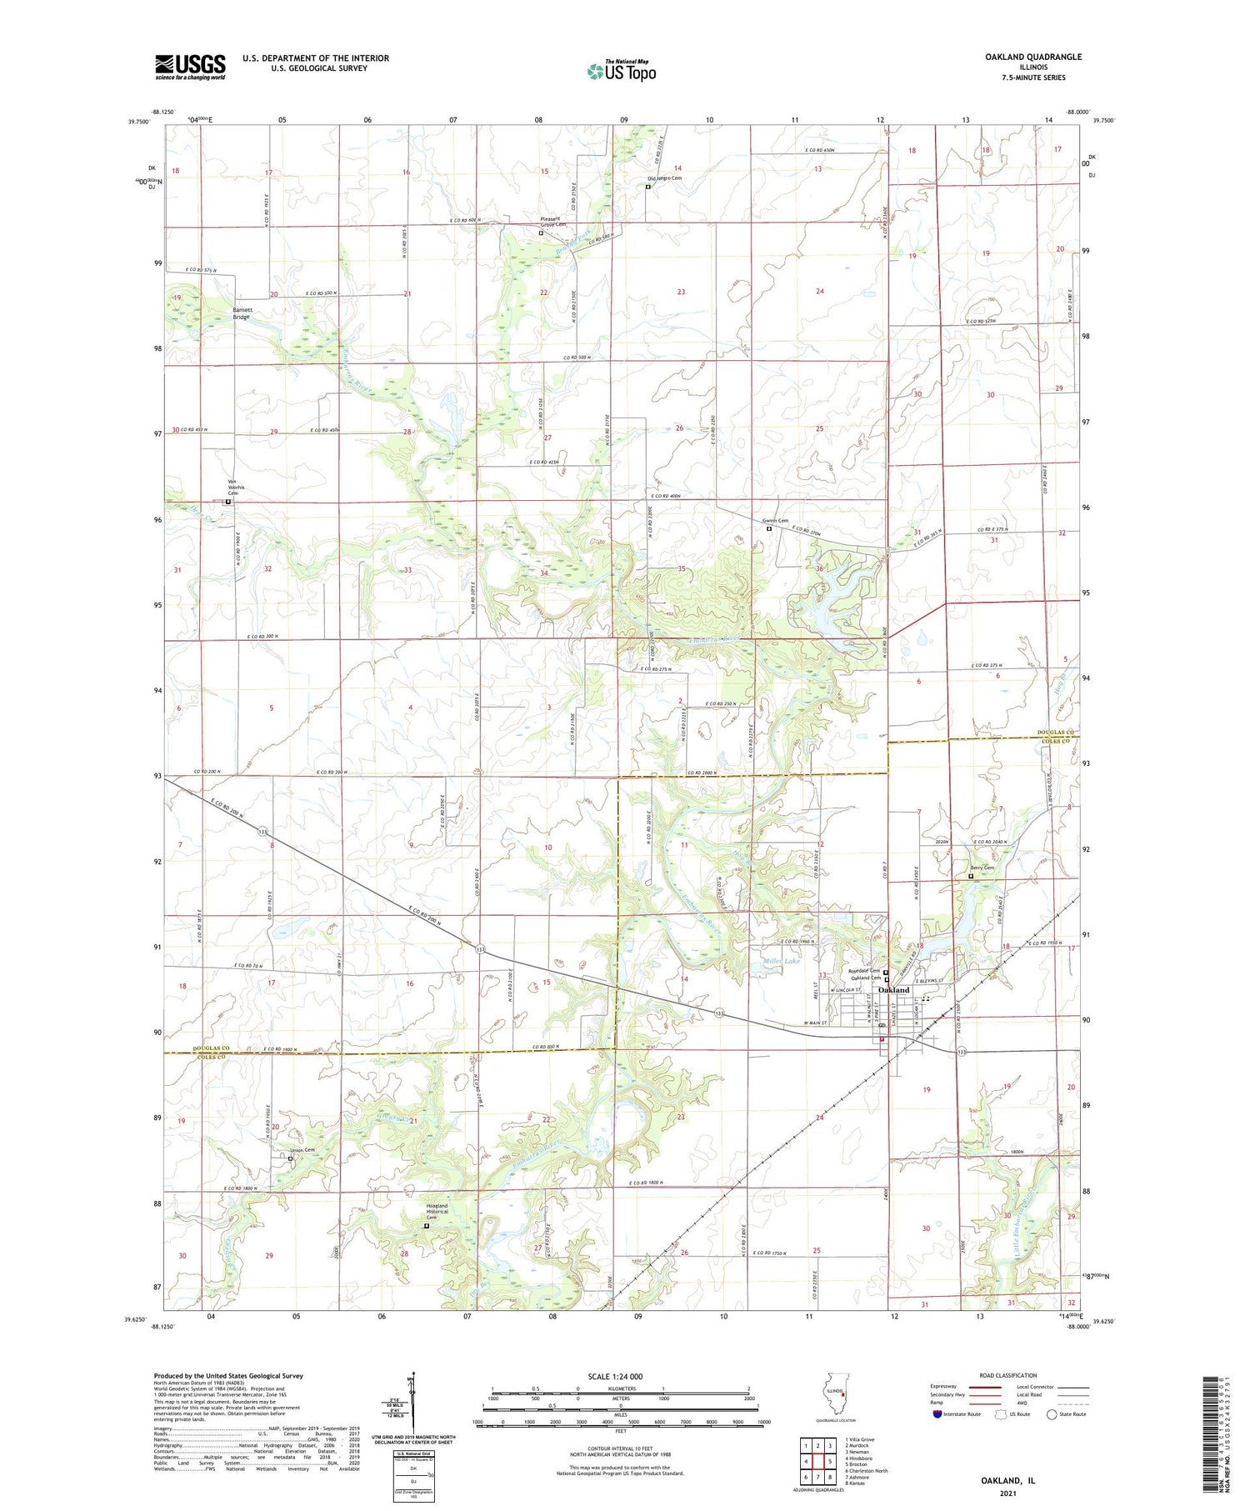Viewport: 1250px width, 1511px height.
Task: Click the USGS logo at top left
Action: tap(190, 67)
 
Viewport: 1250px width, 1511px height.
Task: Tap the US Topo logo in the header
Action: tap(621, 72)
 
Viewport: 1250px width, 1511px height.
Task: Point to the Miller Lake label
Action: tap(782, 961)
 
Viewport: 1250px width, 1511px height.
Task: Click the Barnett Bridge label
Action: tap(242, 313)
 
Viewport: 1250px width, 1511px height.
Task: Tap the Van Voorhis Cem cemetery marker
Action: tap(228, 502)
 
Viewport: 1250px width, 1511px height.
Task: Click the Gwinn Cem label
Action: tap(774, 521)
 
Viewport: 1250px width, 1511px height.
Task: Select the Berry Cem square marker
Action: tap(971, 876)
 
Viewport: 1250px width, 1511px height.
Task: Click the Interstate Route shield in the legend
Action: tap(937, 1414)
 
